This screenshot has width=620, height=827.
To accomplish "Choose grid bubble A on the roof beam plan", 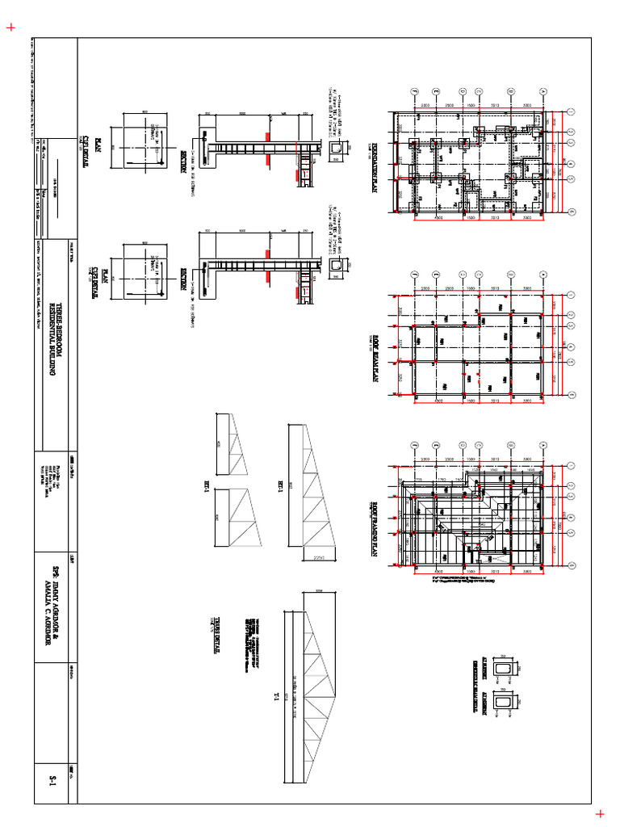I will pos(571,294).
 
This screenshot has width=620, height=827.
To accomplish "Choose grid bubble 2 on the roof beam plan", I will pos(437,272).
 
